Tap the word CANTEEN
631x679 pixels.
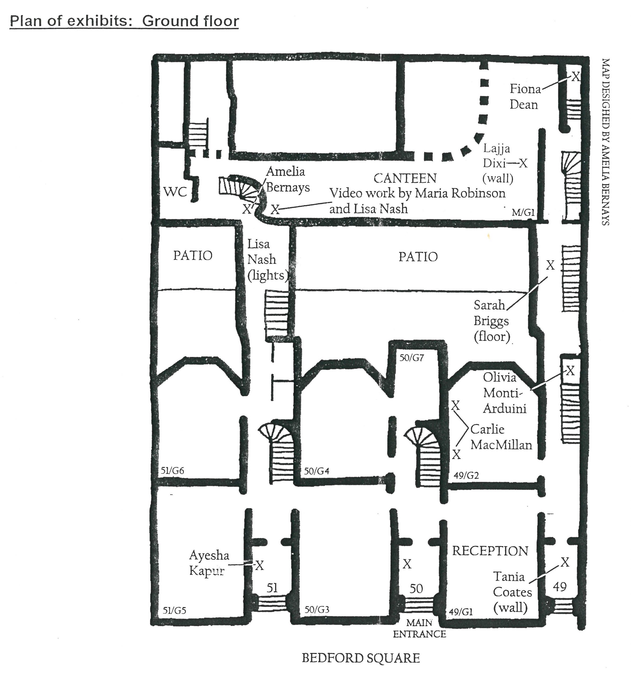click(405, 178)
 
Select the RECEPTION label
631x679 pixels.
click(490, 551)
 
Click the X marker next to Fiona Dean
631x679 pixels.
click(576, 76)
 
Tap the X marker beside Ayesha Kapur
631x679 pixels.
click(260, 566)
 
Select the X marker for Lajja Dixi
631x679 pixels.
click(523, 164)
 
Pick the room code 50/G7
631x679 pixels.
click(412, 358)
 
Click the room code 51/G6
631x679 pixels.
click(172, 471)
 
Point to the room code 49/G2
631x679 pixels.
click(466, 475)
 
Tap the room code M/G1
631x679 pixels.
click(523, 213)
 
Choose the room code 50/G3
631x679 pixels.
click(317, 609)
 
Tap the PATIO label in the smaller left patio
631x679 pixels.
click(193, 255)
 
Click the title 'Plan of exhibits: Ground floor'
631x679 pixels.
click(124, 21)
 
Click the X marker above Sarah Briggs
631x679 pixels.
click(550, 265)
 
